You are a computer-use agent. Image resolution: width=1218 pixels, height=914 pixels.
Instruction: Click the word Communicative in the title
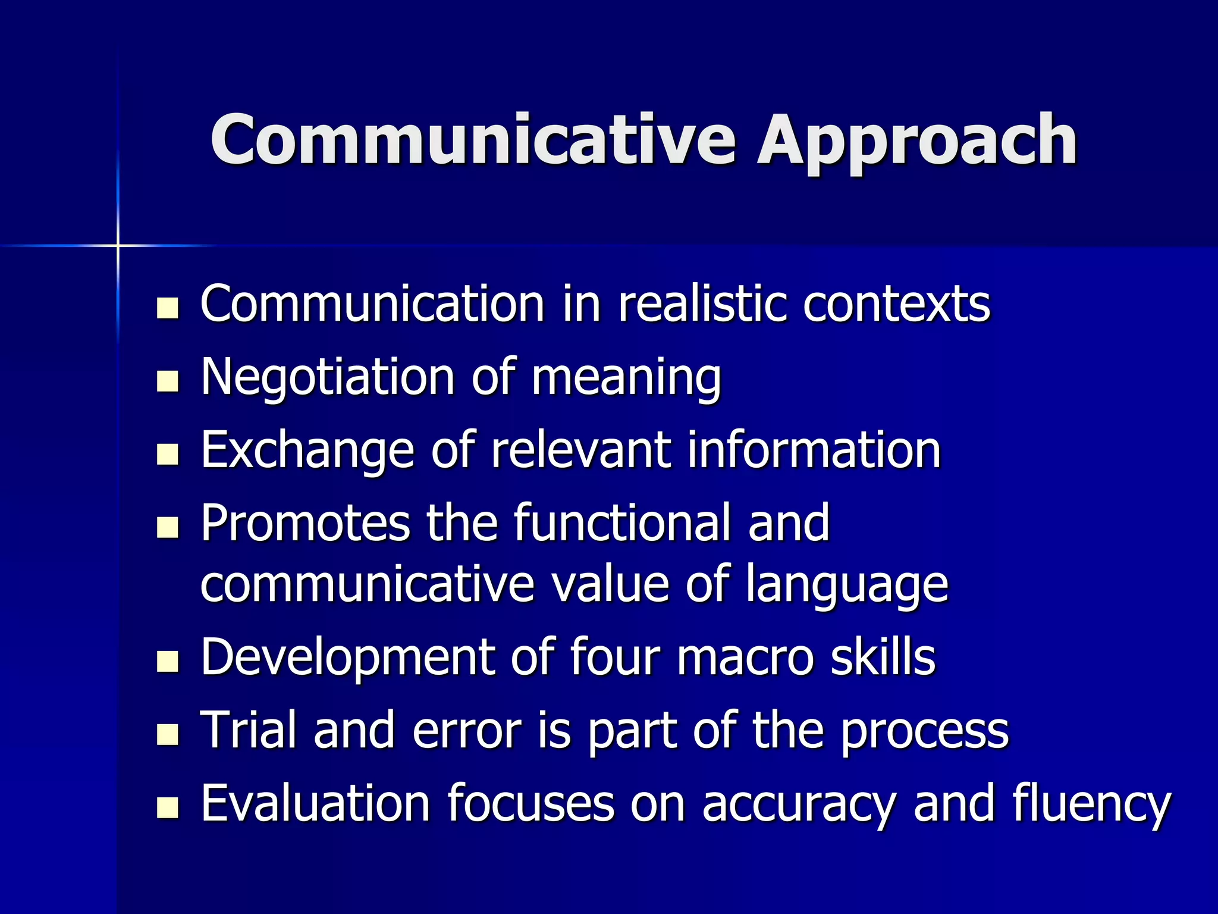point(473,140)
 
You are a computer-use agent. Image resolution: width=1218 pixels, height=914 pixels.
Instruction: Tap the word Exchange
point(307,451)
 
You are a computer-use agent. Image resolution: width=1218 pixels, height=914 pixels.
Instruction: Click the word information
point(814,450)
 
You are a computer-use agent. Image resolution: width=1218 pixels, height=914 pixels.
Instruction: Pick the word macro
point(745,658)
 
